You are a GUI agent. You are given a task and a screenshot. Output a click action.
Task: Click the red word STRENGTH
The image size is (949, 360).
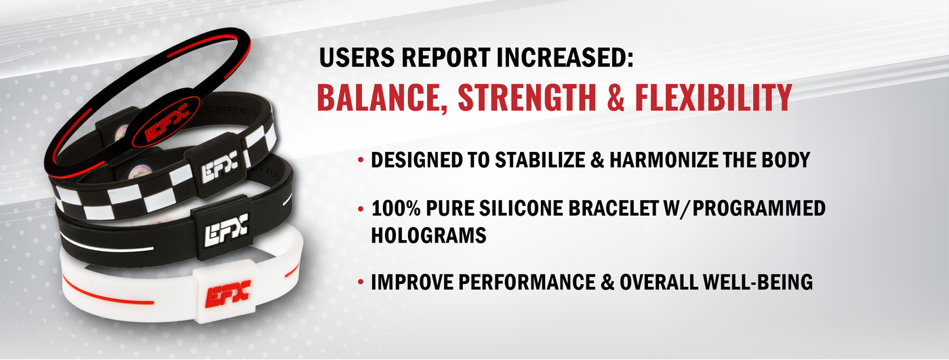(x=527, y=98)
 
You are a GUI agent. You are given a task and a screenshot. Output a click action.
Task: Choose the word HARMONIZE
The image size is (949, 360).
(x=663, y=160)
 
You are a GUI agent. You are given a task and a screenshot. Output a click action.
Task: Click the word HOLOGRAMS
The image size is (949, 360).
(x=428, y=235)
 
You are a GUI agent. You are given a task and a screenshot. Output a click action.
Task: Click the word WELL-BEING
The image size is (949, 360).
(x=758, y=282)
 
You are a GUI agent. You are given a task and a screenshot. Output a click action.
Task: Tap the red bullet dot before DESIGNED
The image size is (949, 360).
(x=361, y=161)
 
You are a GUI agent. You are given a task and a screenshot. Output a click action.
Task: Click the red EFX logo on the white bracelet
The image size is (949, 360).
(x=228, y=293)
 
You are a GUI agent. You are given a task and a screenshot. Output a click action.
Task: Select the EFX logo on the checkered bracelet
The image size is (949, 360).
(x=220, y=167)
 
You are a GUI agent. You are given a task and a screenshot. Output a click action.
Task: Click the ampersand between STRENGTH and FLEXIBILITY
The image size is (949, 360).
(x=616, y=98)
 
